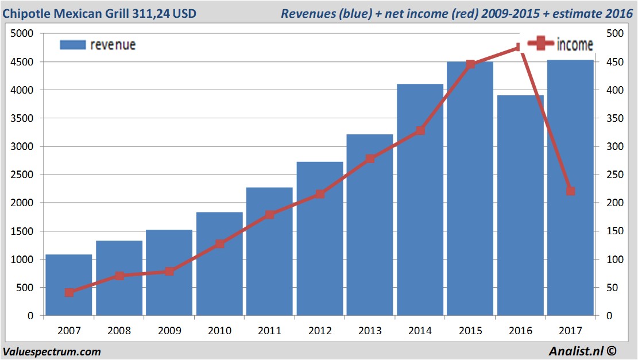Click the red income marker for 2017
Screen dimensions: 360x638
[570, 191]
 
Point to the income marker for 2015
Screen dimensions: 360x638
[470, 64]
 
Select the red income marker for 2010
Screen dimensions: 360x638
[219, 244]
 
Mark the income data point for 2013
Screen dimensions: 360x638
[370, 158]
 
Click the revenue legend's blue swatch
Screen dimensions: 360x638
[72, 44]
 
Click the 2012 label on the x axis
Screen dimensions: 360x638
[320, 331]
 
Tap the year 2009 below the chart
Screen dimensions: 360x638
[169, 331]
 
